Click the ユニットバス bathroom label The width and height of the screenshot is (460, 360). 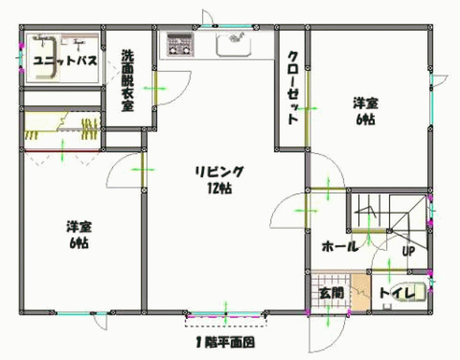click(65, 61)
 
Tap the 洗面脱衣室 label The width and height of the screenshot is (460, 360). click(128, 80)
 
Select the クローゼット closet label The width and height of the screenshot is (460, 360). click(293, 88)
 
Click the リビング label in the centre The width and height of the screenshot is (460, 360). click(220, 172)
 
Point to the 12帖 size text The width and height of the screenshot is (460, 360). click(220, 188)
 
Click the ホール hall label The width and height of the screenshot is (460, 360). click(340, 246)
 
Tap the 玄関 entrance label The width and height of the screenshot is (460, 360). click(331, 293)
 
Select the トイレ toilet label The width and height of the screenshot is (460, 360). click(398, 294)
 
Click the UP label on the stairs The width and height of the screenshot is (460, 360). click(408, 251)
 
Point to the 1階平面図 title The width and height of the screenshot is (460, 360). click(225, 343)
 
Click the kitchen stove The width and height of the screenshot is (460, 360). click(180, 44)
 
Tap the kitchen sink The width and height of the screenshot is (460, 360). click(234, 43)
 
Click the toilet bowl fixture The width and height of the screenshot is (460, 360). click(409, 292)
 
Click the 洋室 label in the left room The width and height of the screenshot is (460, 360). click(79, 227)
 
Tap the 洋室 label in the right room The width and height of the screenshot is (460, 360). click(365, 103)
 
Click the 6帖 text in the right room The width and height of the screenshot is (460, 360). click(365, 119)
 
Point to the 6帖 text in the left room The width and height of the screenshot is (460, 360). click(79, 244)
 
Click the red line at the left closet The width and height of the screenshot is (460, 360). click(62, 151)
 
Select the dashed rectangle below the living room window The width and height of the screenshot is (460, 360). click(226, 321)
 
